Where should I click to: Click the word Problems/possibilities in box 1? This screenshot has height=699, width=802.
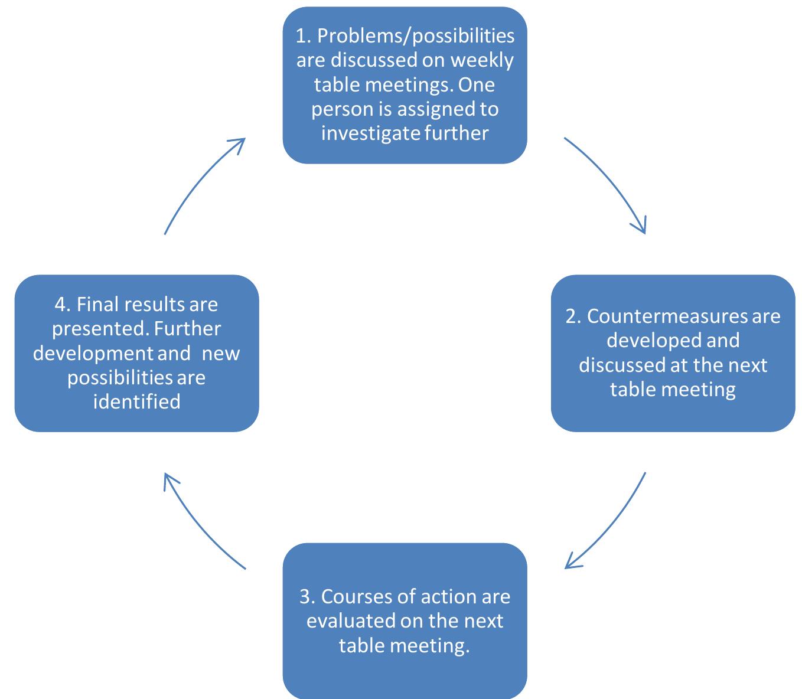click(416, 36)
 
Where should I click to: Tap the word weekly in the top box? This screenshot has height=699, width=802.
click(482, 60)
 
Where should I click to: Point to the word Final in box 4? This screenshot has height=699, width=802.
click(98, 304)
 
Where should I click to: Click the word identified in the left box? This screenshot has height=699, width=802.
click(136, 401)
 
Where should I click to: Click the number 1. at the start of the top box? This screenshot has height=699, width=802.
click(303, 36)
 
